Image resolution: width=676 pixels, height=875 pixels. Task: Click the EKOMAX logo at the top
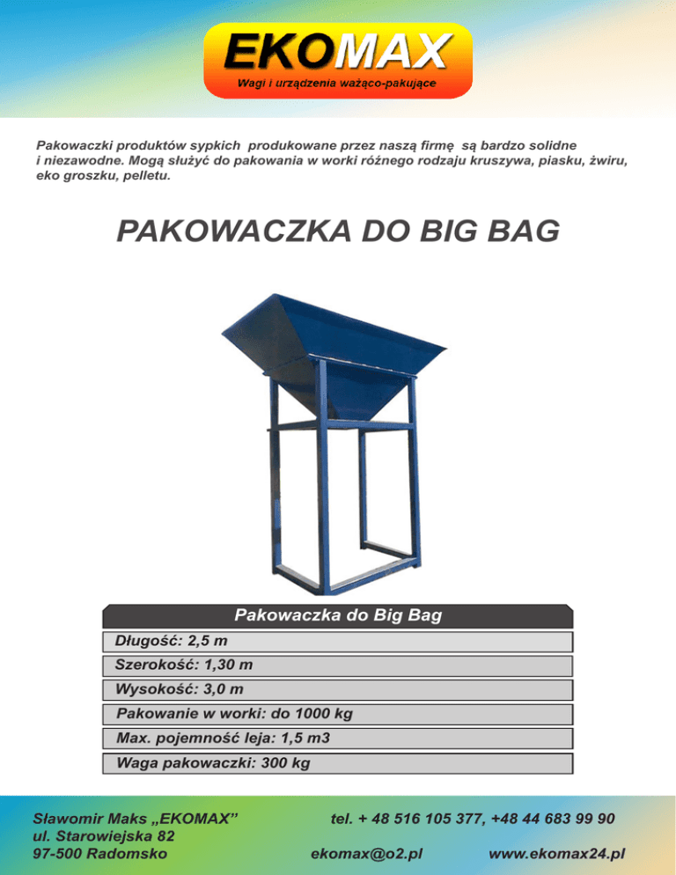pyautogui.click(x=338, y=53)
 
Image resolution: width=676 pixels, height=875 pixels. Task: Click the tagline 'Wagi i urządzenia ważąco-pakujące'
pyautogui.click(x=338, y=84)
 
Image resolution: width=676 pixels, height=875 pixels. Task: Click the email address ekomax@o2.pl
pyautogui.click(x=368, y=853)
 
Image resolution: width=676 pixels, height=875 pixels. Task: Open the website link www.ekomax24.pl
pyautogui.click(x=556, y=853)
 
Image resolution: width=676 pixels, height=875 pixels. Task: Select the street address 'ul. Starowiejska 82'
pyautogui.click(x=103, y=835)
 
